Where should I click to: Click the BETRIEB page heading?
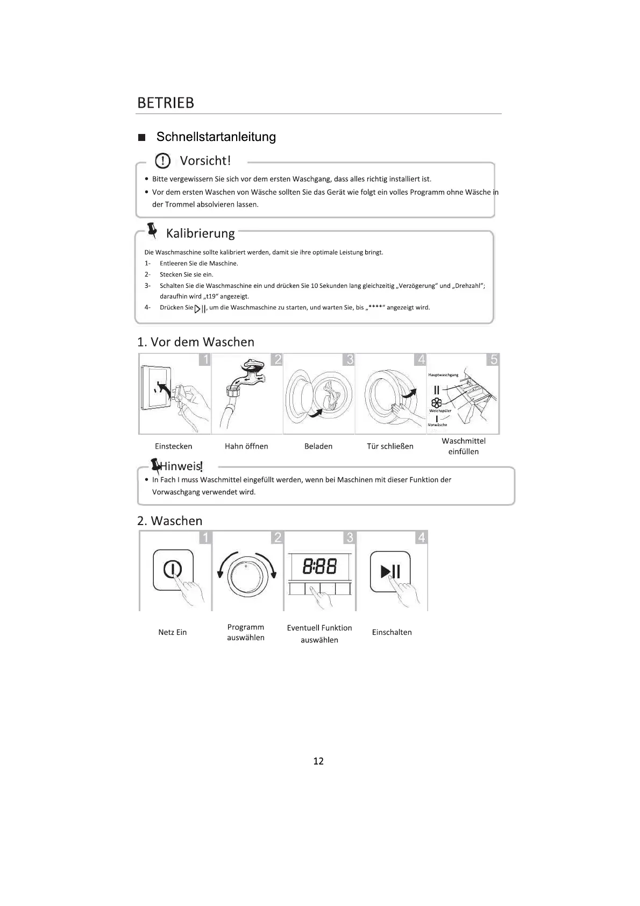(166, 103)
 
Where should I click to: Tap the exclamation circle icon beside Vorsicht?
(162, 161)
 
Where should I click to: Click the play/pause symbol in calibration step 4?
(200, 309)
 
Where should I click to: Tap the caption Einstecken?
(173, 447)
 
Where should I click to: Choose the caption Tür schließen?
(390, 447)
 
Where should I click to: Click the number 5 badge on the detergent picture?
(493, 359)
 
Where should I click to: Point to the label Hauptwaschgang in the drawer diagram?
(443, 375)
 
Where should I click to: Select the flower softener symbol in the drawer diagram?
(436, 403)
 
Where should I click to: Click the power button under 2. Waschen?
(173, 570)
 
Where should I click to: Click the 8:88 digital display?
(319, 567)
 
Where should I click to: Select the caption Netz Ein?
(173, 633)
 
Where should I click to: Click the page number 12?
(318, 761)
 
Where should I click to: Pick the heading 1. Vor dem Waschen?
(196, 342)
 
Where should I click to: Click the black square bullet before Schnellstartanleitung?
(142, 138)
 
